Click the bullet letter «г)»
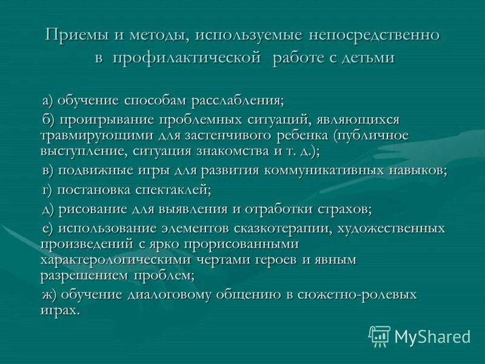(48, 190)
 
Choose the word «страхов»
(343, 209)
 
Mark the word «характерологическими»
(116, 260)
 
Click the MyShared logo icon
(380, 335)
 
